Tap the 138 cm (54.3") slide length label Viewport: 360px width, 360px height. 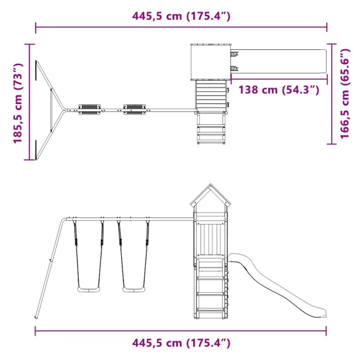tap(279, 90)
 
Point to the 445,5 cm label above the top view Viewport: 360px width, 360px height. tap(181, 16)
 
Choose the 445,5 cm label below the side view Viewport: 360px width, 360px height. tap(181, 342)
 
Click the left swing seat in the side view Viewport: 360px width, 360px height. tap(87, 289)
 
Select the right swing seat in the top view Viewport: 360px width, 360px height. tap(134, 108)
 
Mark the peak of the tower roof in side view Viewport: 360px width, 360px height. tap(209, 185)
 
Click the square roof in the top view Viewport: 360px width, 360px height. tap(210, 62)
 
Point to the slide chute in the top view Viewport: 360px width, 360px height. tap(281, 62)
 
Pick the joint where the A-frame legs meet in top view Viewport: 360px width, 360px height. tap(61, 110)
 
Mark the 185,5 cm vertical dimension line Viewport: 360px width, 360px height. tap(29, 102)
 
